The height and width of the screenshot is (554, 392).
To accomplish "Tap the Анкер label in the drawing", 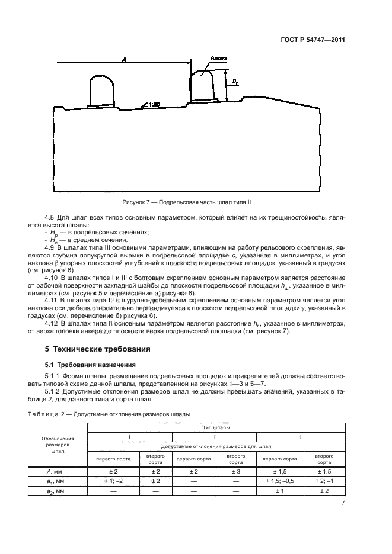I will coord(218,59).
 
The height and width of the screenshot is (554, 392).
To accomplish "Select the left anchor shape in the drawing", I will coord(101,92).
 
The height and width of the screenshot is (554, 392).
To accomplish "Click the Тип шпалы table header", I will coord(217,427).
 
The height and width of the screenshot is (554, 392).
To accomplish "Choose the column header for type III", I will coord(301,437).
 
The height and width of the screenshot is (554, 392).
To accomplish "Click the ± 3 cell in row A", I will coord(235,471).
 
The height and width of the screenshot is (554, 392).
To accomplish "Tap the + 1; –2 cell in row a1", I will coord(113,481).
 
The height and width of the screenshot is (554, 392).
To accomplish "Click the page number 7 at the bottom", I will coord(343,504).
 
